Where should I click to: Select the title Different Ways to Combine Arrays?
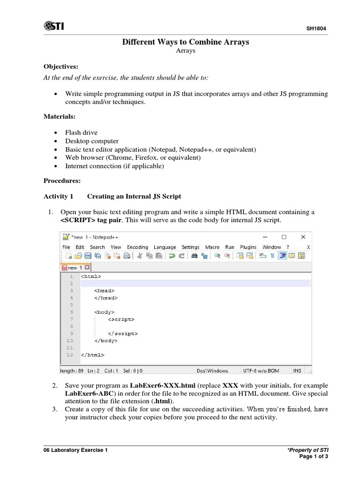point(186,42)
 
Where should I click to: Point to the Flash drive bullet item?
point(81,133)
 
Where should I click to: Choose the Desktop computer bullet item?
point(92,141)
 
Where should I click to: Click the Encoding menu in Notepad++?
point(137,247)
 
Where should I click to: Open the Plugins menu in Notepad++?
point(248,247)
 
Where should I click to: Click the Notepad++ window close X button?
point(303,237)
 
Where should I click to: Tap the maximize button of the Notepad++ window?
point(284,237)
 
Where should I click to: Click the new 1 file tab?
point(75,268)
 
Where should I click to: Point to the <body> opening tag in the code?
point(104,312)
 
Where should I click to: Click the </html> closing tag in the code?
point(92,355)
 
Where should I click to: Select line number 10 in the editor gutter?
point(70,340)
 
